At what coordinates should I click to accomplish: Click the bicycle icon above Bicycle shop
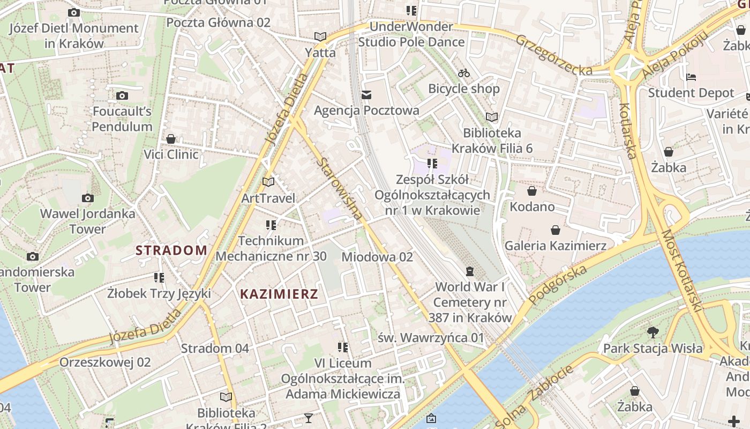pos(464,73)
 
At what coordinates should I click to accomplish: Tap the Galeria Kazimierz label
pos(556,246)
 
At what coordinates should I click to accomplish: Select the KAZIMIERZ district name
pos(279,294)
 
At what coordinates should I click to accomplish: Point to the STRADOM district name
pos(171,250)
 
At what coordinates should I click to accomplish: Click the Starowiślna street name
pos(340,188)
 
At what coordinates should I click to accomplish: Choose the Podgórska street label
pos(558,284)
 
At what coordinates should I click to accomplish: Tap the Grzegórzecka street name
pos(554,55)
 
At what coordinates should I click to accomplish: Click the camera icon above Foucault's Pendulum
pos(122,96)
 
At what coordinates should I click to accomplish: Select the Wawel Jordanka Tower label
pos(88,221)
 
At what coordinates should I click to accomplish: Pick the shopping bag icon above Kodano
pos(532,191)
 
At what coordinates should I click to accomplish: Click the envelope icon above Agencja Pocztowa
pos(366,95)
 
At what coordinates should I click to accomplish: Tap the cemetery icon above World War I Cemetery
pos(470,271)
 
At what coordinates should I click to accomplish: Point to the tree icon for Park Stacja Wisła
pos(652,332)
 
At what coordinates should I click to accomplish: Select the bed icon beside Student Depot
pos(691,77)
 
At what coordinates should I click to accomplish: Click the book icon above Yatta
pos(320,36)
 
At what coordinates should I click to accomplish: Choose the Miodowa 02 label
pos(377,257)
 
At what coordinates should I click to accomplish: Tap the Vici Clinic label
pos(171,154)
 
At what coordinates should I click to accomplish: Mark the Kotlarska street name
pos(627,131)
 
